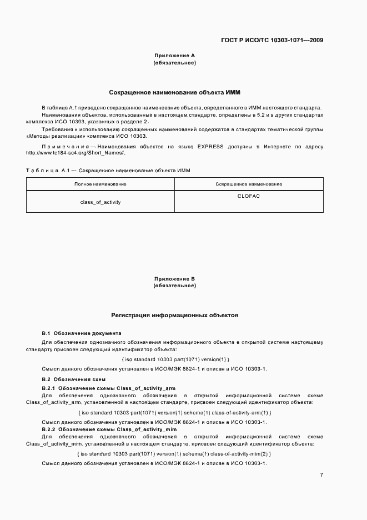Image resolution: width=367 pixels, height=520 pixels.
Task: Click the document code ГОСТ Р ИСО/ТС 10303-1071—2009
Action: point(272,40)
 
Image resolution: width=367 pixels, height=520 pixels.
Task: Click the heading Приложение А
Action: point(174,56)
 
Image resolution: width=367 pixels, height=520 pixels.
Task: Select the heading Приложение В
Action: point(174,278)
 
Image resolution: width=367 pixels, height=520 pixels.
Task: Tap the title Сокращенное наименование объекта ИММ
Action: point(174,91)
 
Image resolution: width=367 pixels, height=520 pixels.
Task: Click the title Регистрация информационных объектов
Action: point(174,314)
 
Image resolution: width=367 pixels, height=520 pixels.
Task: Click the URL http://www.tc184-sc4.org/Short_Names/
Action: point(76,153)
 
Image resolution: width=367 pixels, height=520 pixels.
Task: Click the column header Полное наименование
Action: point(100,184)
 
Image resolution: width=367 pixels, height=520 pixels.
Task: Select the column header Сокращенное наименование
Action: point(249,184)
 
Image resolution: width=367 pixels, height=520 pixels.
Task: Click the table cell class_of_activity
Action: point(100,202)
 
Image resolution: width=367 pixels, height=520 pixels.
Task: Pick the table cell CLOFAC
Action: point(249,196)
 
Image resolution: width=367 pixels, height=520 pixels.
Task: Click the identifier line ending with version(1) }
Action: point(175,359)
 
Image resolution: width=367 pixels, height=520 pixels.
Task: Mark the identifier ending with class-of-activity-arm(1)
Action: point(175,413)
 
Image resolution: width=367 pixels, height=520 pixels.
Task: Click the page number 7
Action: point(321,475)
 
